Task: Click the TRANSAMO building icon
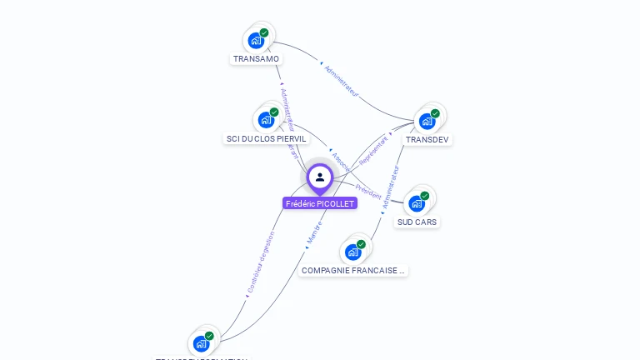tap(256, 40)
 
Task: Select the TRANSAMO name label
tap(257, 59)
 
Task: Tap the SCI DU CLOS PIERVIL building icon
tap(266, 119)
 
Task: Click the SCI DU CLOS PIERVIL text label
tap(267, 138)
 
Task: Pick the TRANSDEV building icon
tap(427, 121)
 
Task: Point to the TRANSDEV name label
tap(427, 139)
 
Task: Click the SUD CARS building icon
tap(416, 203)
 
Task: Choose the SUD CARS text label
tap(417, 222)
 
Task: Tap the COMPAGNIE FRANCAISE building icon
tap(352, 252)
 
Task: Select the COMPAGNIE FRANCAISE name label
tap(353, 271)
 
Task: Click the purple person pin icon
tap(320, 177)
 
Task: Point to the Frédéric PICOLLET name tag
tap(320, 203)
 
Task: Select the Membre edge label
tap(314, 232)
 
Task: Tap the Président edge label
tap(367, 190)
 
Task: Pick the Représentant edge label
tap(374, 150)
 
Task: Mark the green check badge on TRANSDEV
tap(435, 113)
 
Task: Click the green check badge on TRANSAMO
tap(264, 32)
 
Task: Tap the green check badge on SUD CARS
tap(424, 196)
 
